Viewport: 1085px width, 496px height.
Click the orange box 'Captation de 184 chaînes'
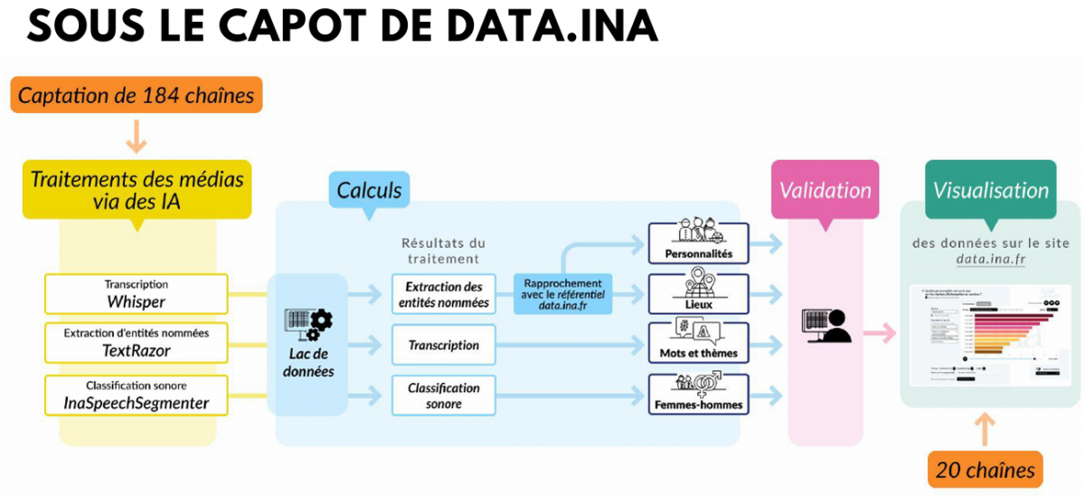(x=137, y=95)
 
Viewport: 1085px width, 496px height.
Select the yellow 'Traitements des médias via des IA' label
(x=137, y=190)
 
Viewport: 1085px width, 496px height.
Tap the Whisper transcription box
(x=137, y=293)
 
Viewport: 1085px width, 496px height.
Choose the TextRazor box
(x=137, y=342)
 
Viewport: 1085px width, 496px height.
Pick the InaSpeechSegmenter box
(x=137, y=394)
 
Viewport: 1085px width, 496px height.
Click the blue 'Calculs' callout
(x=369, y=191)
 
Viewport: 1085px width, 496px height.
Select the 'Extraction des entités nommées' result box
(x=444, y=294)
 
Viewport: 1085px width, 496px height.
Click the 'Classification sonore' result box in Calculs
(x=444, y=395)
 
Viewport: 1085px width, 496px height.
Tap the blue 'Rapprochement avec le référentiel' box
(x=563, y=294)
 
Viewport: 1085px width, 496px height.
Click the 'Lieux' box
(x=698, y=293)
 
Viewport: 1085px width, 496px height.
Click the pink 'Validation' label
(x=825, y=191)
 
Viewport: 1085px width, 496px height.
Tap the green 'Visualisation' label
(x=990, y=191)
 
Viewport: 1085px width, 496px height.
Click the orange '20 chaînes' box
(x=985, y=471)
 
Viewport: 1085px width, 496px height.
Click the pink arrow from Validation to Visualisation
(x=876, y=334)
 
